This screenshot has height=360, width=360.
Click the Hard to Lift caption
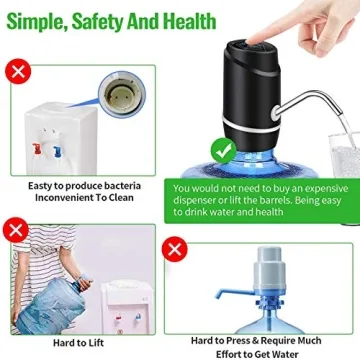point(79,343)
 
